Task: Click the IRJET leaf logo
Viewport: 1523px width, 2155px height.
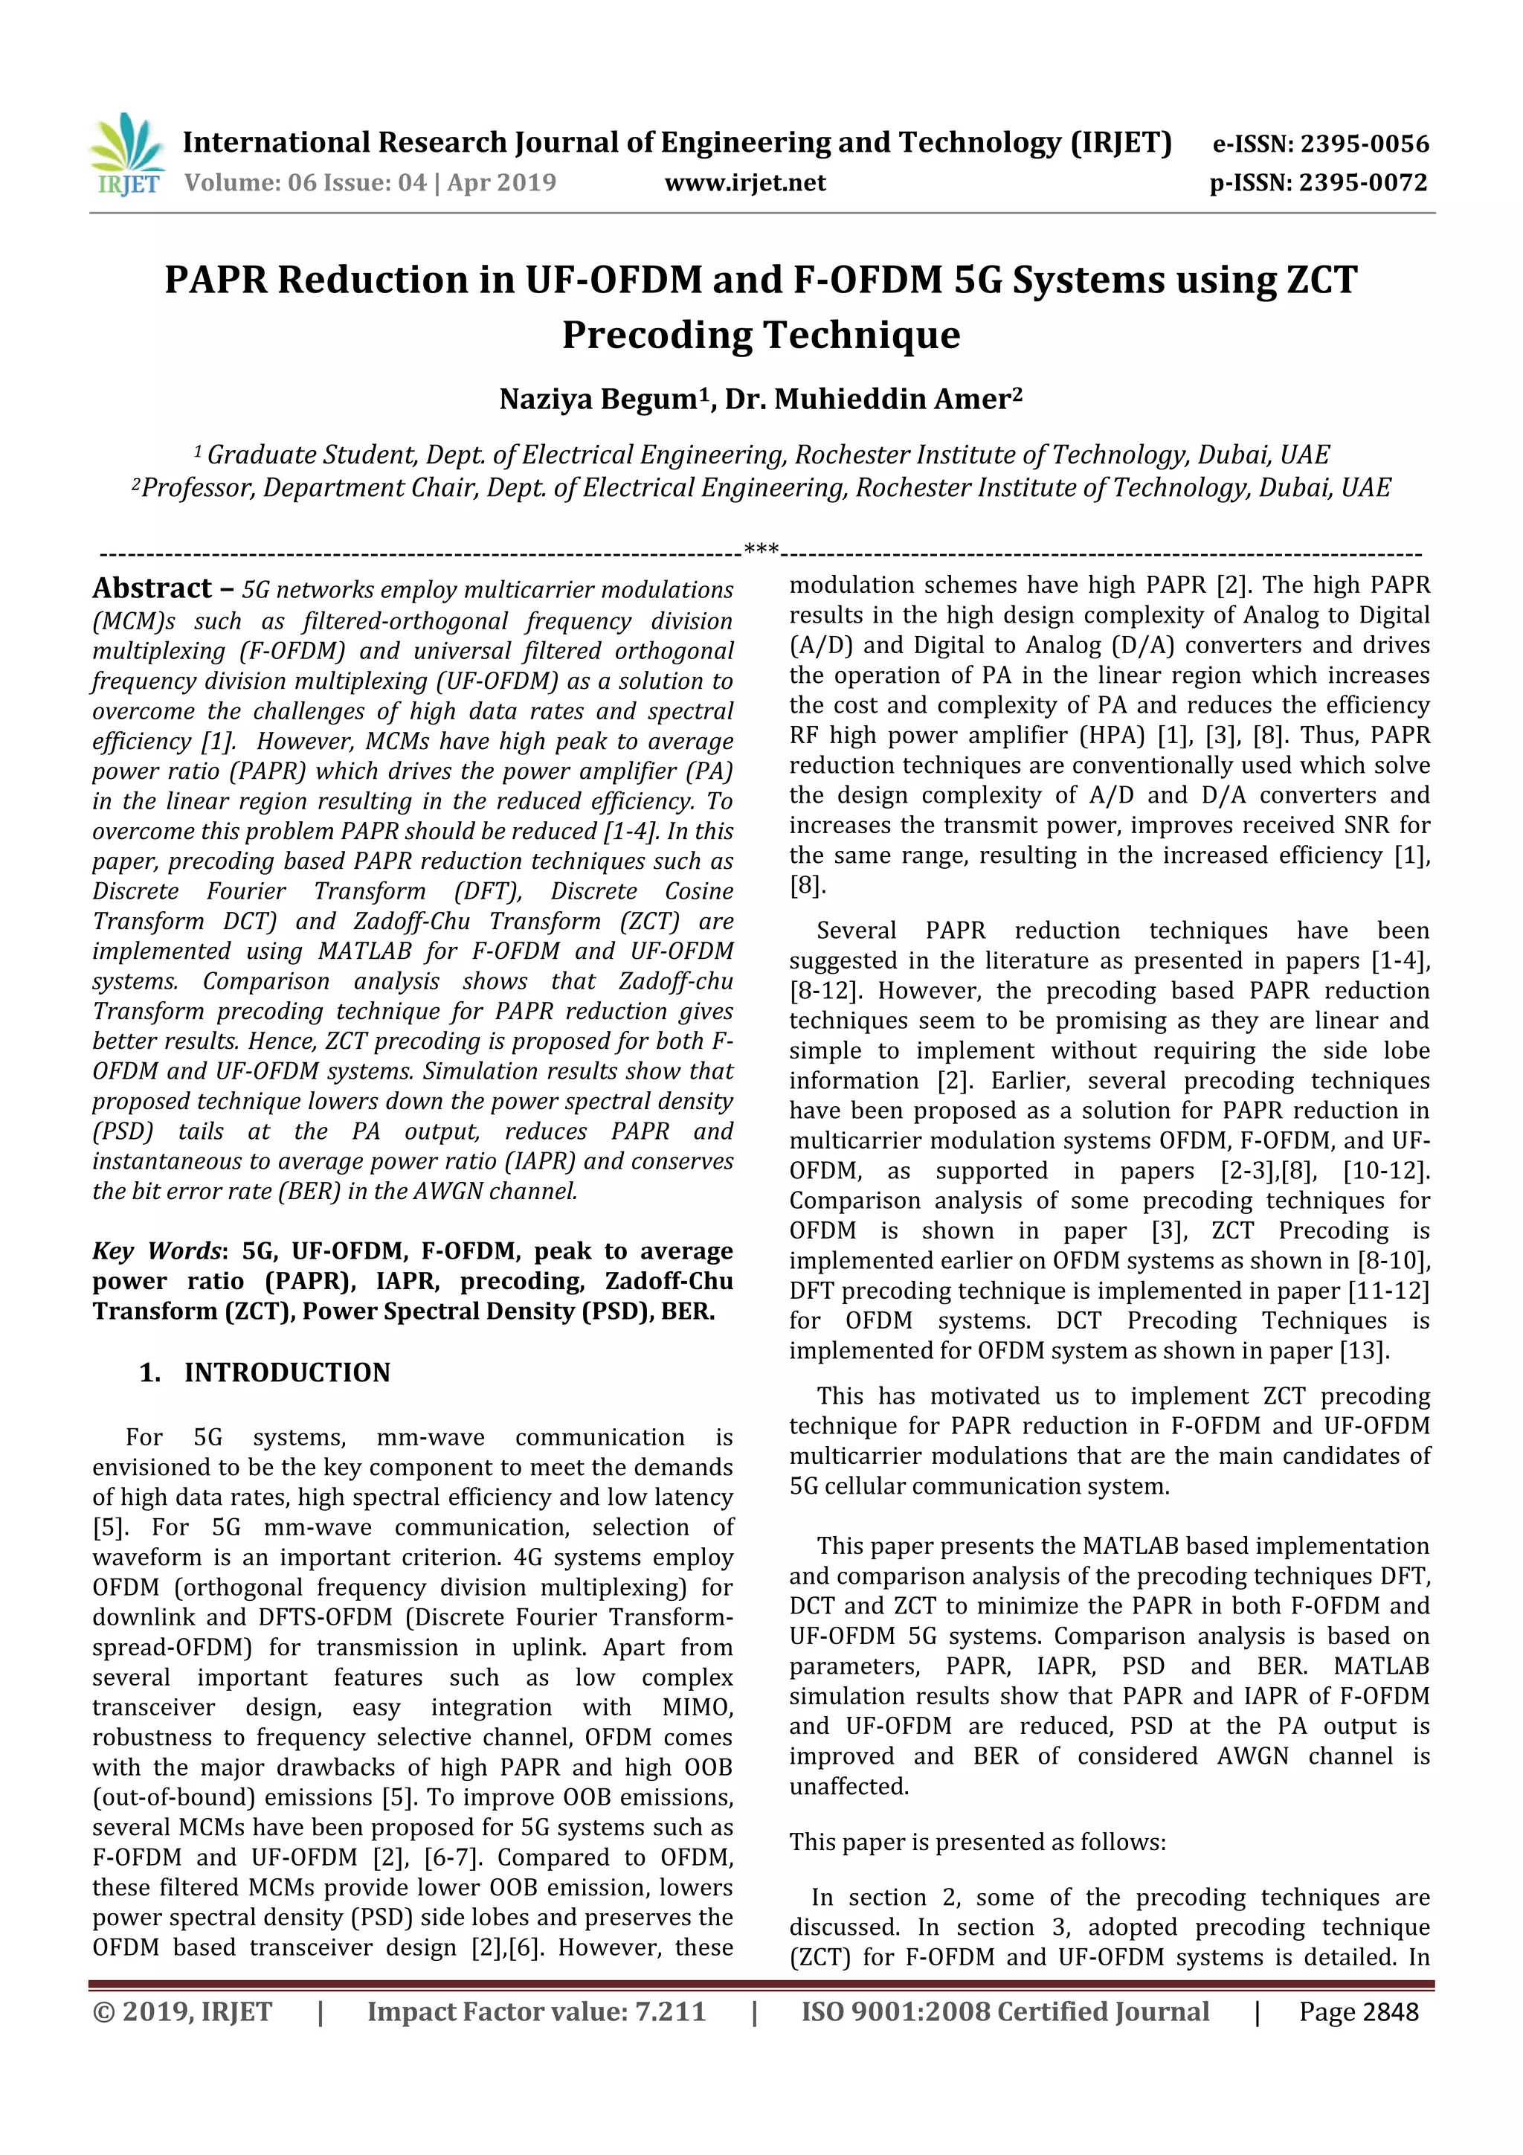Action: [x=126, y=153]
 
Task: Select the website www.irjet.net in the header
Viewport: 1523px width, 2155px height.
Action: [x=745, y=183]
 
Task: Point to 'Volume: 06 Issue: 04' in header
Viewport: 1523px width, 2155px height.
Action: [x=304, y=183]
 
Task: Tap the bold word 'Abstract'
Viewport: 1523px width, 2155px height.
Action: [x=152, y=588]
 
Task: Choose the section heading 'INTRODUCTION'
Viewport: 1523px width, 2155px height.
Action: [x=286, y=1372]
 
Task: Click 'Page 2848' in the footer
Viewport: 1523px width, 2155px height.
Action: [x=1358, y=2012]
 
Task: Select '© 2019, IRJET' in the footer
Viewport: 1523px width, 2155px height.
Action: [x=182, y=2012]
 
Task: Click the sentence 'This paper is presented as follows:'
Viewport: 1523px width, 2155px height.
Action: [x=977, y=1843]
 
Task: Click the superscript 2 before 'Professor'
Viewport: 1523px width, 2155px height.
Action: [x=136, y=484]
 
